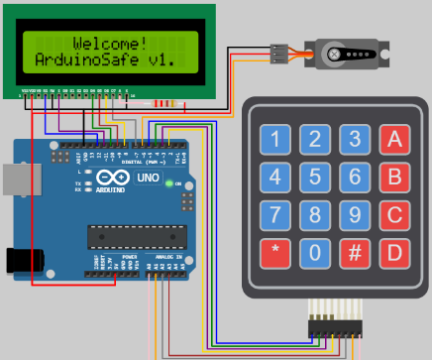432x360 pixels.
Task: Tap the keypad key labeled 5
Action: click(314, 178)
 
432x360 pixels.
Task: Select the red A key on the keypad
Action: click(395, 140)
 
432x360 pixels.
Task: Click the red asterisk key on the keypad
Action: click(276, 253)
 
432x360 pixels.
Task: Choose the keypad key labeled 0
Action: click(314, 253)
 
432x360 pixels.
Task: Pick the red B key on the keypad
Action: click(395, 178)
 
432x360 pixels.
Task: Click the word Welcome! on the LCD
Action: click(110, 44)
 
